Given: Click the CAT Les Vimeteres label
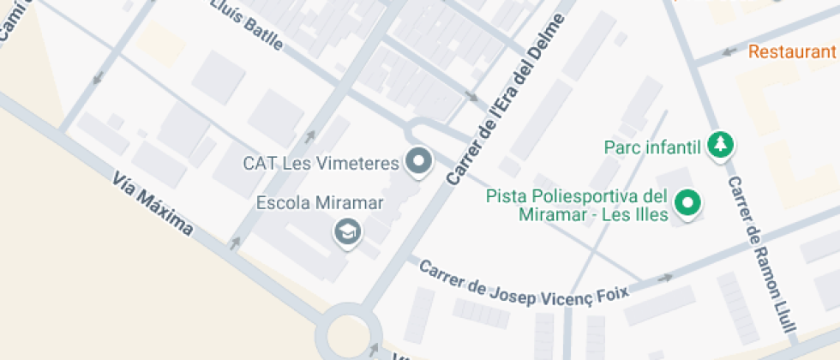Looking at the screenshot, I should coord(321,163).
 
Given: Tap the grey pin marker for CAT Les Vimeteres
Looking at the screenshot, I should coord(419,161).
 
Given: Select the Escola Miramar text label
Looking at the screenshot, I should coord(320,203).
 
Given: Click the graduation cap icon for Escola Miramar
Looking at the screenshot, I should coord(347,231).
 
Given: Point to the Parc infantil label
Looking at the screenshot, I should coord(653,147).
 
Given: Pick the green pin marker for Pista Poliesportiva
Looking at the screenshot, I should coord(687,203).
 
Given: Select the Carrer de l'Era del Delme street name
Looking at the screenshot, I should coord(506,101).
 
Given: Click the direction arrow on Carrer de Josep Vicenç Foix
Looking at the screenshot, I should coord(664,279).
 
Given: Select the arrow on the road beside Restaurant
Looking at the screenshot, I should coord(729,51).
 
